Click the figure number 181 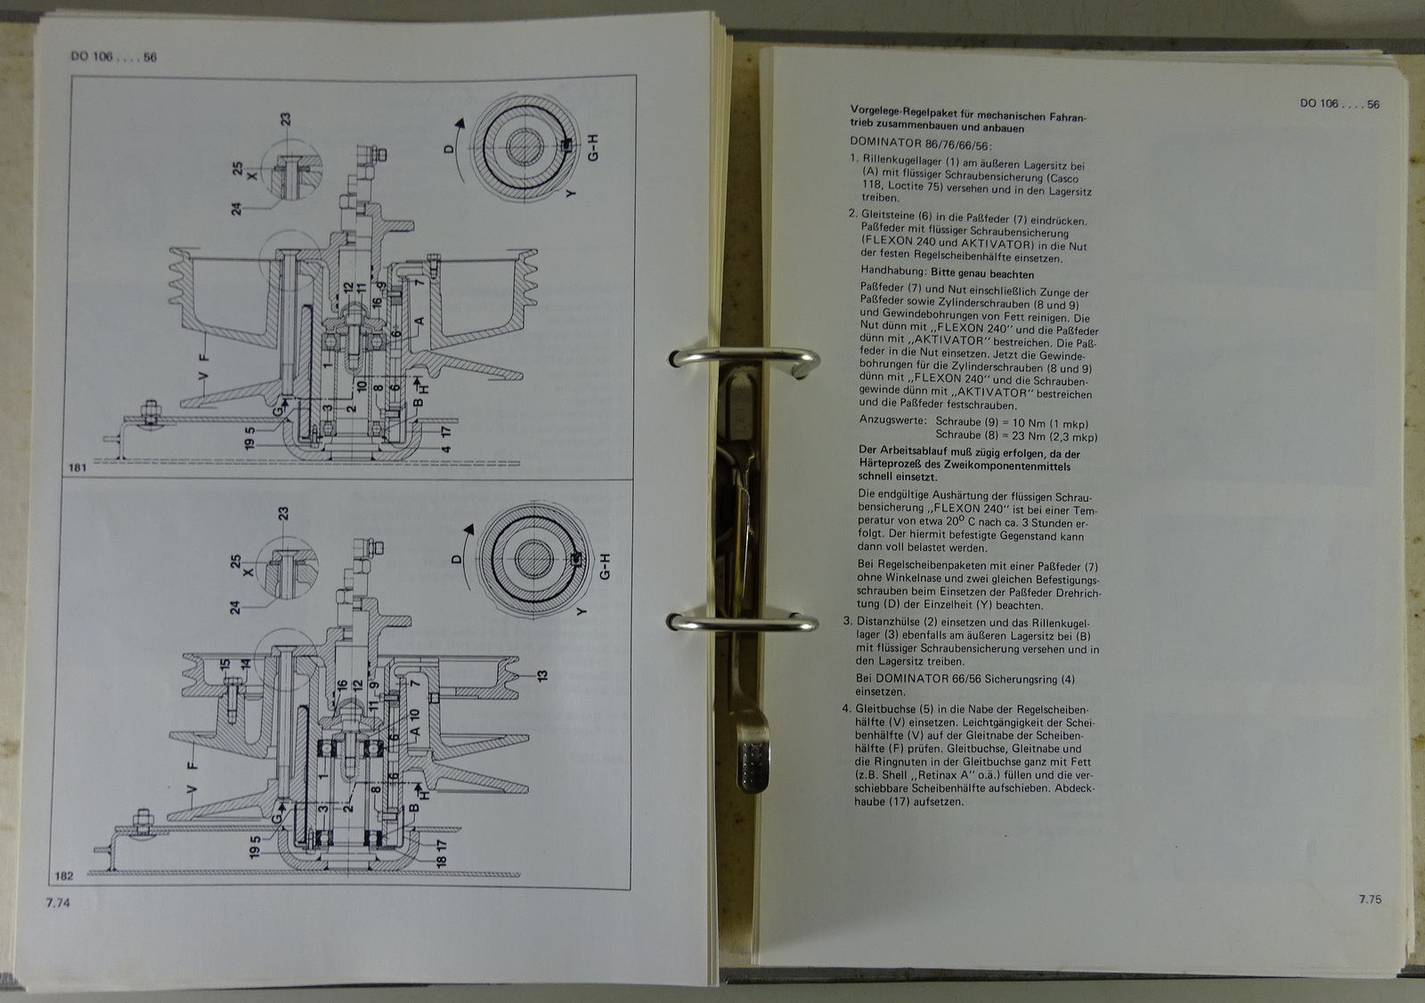(x=77, y=467)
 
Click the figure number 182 (x=64, y=877)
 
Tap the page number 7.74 (x=58, y=902)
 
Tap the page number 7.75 (x=1371, y=900)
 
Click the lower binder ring (x=743, y=622)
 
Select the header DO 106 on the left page (x=93, y=56)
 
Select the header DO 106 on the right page (x=1319, y=103)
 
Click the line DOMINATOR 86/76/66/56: (x=921, y=143)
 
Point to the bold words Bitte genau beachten (x=982, y=273)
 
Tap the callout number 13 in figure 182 (x=542, y=675)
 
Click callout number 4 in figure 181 (x=446, y=449)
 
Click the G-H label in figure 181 (x=593, y=148)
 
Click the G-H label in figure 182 (x=605, y=567)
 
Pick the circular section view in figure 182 (x=534, y=559)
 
